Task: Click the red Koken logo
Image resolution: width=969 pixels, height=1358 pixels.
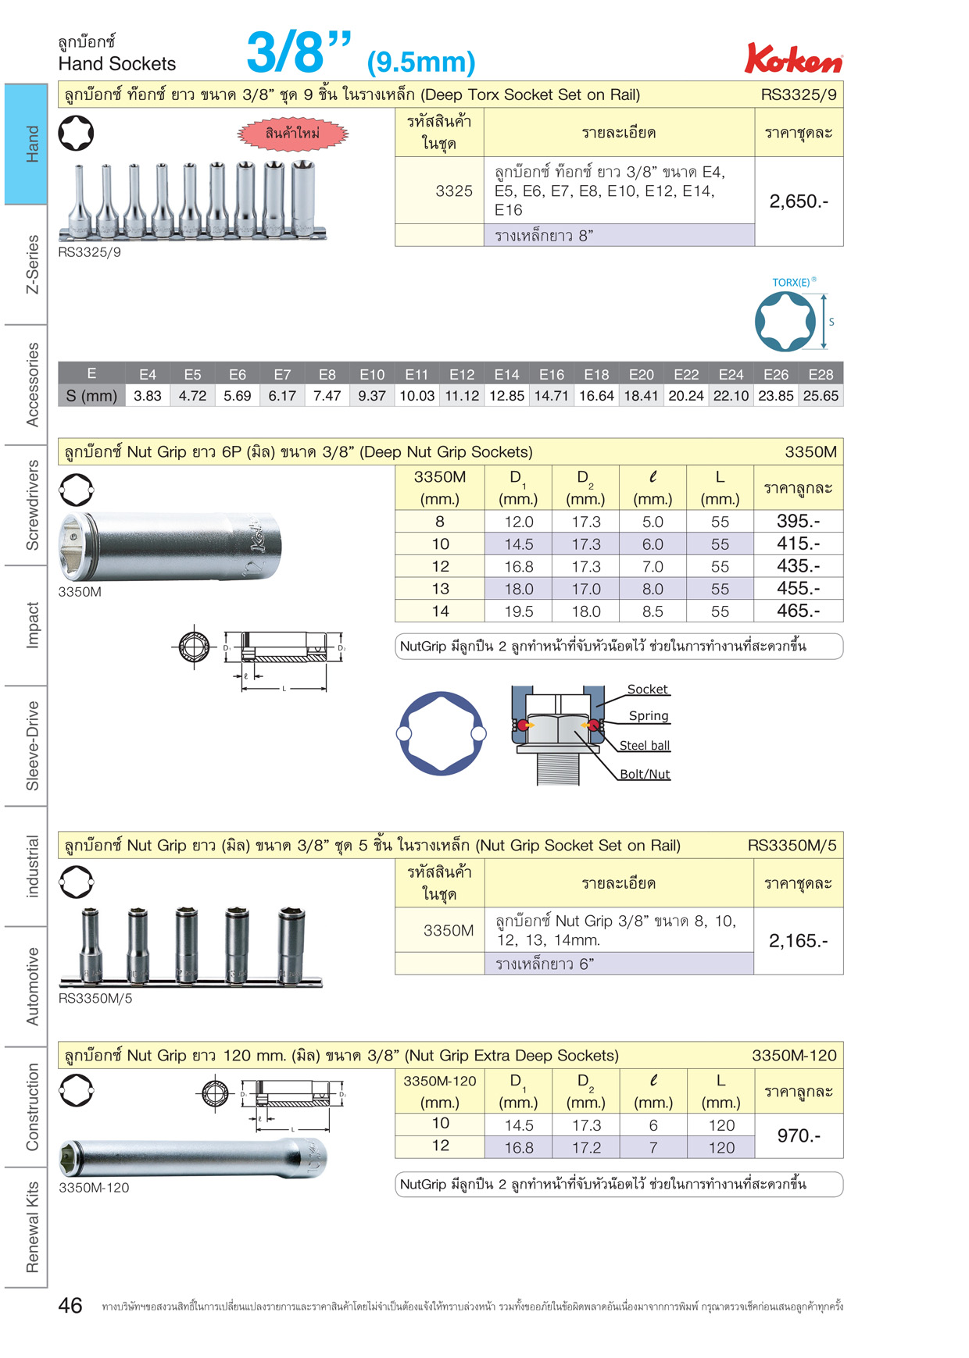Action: coord(793,58)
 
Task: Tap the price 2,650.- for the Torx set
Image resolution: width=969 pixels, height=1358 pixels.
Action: coord(799,201)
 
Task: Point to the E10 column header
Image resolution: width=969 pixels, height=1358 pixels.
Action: coord(372,375)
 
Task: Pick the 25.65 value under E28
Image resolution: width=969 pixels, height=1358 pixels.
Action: coord(821,396)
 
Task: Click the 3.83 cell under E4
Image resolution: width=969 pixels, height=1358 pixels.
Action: coord(148,396)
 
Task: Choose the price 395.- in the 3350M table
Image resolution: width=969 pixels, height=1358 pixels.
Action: coord(799,521)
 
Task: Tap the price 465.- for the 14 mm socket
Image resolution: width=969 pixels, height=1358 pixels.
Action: coord(799,611)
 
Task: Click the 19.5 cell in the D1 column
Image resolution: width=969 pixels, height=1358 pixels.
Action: coord(519,611)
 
